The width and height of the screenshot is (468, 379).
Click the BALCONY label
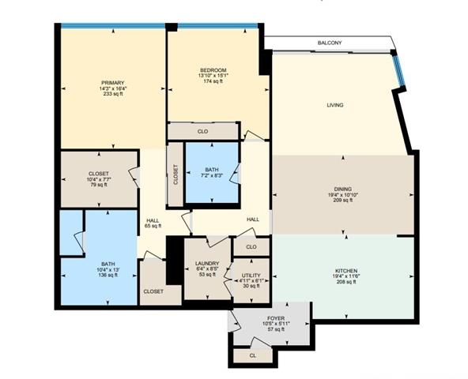[x=330, y=43]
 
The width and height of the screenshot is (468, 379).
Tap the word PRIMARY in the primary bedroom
[x=112, y=83]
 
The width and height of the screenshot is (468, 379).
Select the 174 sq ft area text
[x=213, y=81]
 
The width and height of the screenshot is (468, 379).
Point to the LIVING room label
[x=335, y=105]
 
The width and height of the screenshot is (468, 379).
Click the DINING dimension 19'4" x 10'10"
[x=343, y=195]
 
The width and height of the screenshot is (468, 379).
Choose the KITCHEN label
[x=346, y=271]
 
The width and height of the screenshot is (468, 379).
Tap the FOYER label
[x=276, y=318]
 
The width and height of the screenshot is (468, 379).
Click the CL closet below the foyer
[x=252, y=356]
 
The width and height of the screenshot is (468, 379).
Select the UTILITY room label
[x=251, y=276]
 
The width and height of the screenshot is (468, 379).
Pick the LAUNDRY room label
[x=207, y=264]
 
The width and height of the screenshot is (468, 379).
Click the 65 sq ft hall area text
[x=153, y=226]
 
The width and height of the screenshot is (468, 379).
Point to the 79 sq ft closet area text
[x=99, y=185]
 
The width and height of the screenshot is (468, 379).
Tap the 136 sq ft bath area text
[x=108, y=275]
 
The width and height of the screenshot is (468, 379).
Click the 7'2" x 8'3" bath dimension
[x=212, y=175]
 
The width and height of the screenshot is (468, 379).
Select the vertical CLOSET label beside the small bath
[x=175, y=174]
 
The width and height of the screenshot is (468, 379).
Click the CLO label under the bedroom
[x=202, y=132]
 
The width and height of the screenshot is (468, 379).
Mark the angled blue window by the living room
[x=398, y=69]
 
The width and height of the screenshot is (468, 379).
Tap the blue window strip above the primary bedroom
[x=113, y=26]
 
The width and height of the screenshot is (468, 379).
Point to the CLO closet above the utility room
[x=251, y=247]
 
